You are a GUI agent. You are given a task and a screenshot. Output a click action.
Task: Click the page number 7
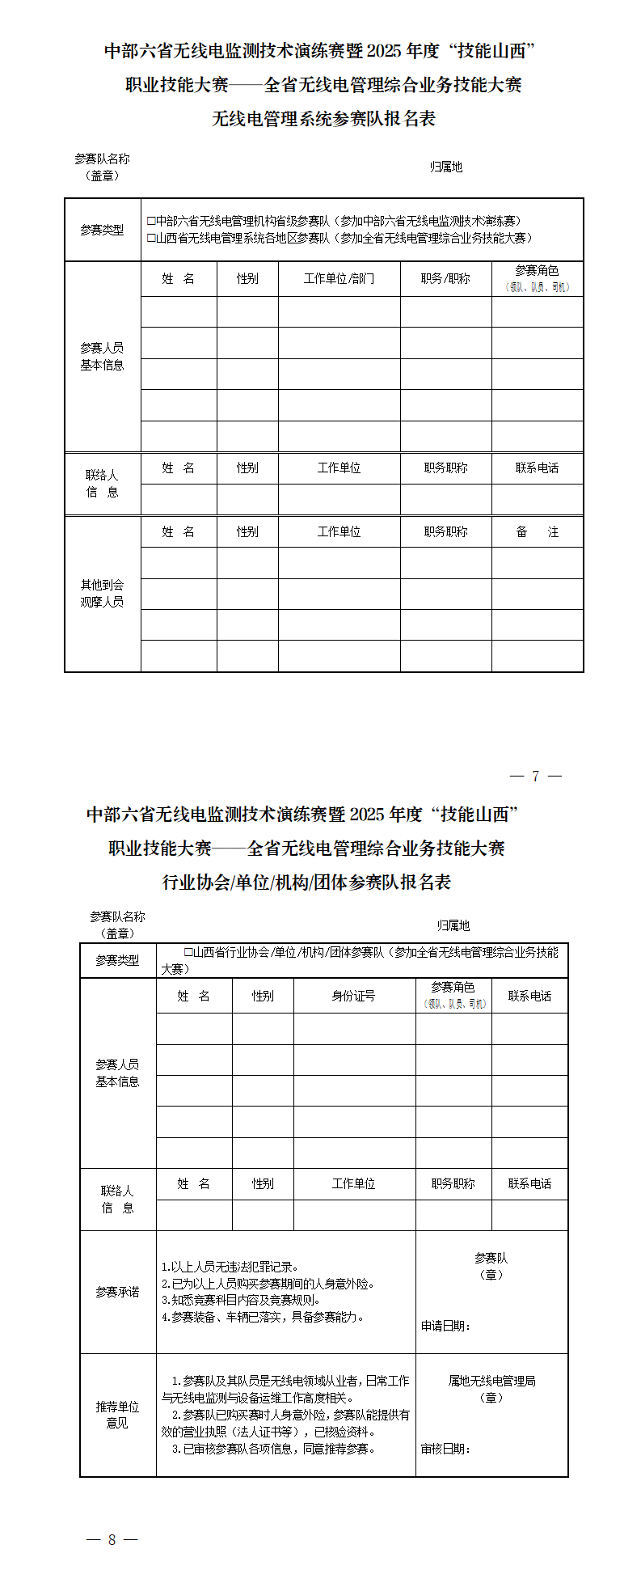(x=535, y=776)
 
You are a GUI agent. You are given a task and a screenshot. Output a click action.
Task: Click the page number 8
(x=112, y=1539)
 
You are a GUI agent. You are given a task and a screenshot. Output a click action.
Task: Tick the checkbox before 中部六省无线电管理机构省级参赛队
(x=151, y=221)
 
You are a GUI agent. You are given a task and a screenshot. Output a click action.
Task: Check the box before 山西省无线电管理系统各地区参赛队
(x=151, y=238)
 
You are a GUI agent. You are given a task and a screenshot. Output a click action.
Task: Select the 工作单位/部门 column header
(x=339, y=278)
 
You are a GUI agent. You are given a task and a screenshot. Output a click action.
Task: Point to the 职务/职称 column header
(x=445, y=278)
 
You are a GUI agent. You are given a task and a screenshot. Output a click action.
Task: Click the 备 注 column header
(x=537, y=531)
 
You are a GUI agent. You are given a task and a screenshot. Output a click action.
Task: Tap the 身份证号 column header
(x=354, y=996)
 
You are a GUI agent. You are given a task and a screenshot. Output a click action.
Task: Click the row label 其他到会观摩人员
(x=102, y=593)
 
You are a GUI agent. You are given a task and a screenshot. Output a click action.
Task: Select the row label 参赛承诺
(x=117, y=1292)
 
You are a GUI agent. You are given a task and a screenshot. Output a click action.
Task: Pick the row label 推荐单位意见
(x=117, y=1415)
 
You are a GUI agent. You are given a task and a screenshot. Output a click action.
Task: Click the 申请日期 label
(x=445, y=1326)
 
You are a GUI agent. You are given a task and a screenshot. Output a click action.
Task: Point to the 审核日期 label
(x=445, y=1448)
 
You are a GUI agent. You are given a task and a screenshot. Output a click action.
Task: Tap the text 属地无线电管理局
(x=491, y=1381)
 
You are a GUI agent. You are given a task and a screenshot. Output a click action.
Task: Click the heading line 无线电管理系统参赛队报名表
(x=323, y=119)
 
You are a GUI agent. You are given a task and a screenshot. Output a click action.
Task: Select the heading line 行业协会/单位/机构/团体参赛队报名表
(x=306, y=882)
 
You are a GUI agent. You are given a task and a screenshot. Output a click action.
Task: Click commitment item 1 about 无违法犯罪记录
(x=230, y=1267)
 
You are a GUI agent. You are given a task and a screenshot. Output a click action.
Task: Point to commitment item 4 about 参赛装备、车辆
(x=263, y=1317)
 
